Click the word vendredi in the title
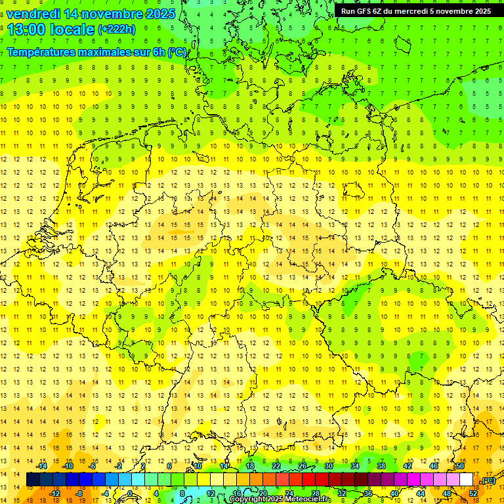(x=33, y=14)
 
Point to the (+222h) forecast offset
(x=116, y=30)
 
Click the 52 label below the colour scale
(x=472, y=493)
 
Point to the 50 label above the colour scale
(x=460, y=466)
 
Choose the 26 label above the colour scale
(x=303, y=466)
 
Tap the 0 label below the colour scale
(x=131, y=493)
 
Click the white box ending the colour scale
(x=467, y=480)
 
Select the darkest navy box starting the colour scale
(x=33, y=480)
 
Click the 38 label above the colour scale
(x=381, y=466)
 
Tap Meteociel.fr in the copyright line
(x=308, y=499)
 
